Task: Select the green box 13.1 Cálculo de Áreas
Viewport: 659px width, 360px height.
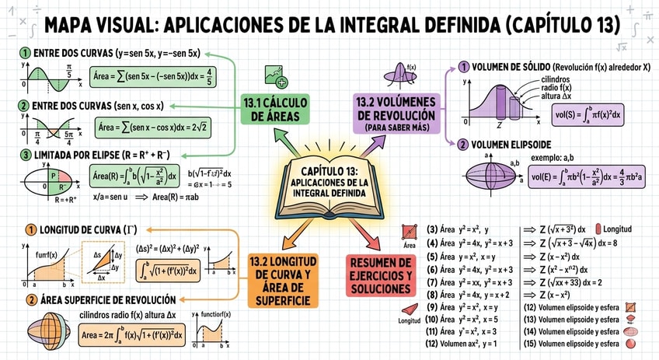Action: click(275, 110)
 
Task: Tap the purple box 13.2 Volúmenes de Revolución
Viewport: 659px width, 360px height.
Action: click(397, 114)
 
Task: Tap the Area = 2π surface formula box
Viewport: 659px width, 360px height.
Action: click(132, 334)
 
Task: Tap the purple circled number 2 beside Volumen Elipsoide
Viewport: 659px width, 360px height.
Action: click(463, 145)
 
